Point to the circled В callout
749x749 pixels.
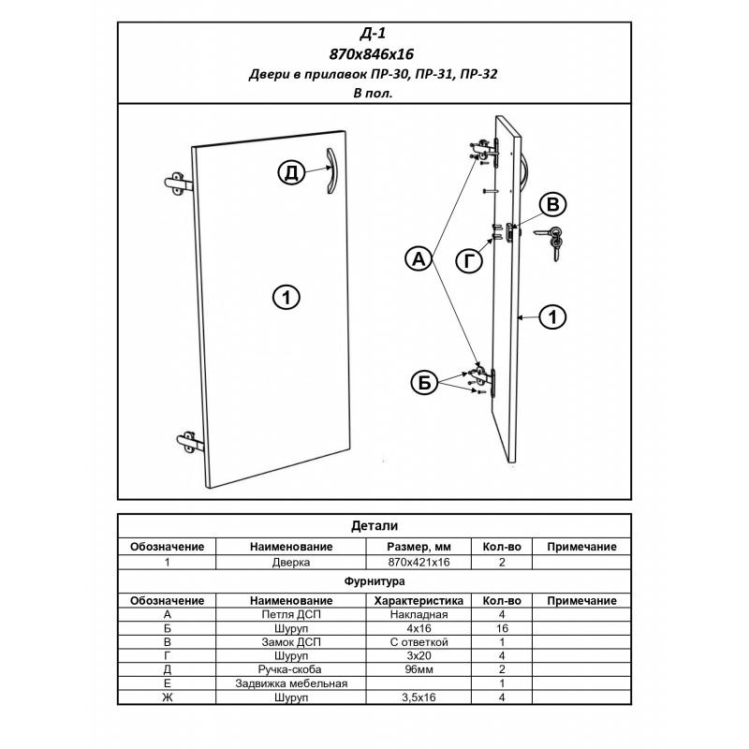[x=556, y=205]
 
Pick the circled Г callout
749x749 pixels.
[x=471, y=261]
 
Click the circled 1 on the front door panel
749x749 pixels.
[x=286, y=297]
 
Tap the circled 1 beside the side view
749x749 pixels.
[x=554, y=317]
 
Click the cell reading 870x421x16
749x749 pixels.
[x=419, y=563]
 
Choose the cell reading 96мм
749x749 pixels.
[x=419, y=669]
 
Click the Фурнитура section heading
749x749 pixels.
[x=374, y=581]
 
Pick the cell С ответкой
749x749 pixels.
[x=419, y=642]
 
